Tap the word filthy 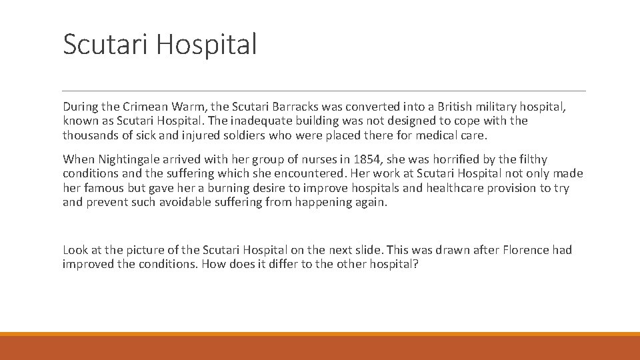click(x=530, y=159)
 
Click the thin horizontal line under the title click(x=324, y=91)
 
